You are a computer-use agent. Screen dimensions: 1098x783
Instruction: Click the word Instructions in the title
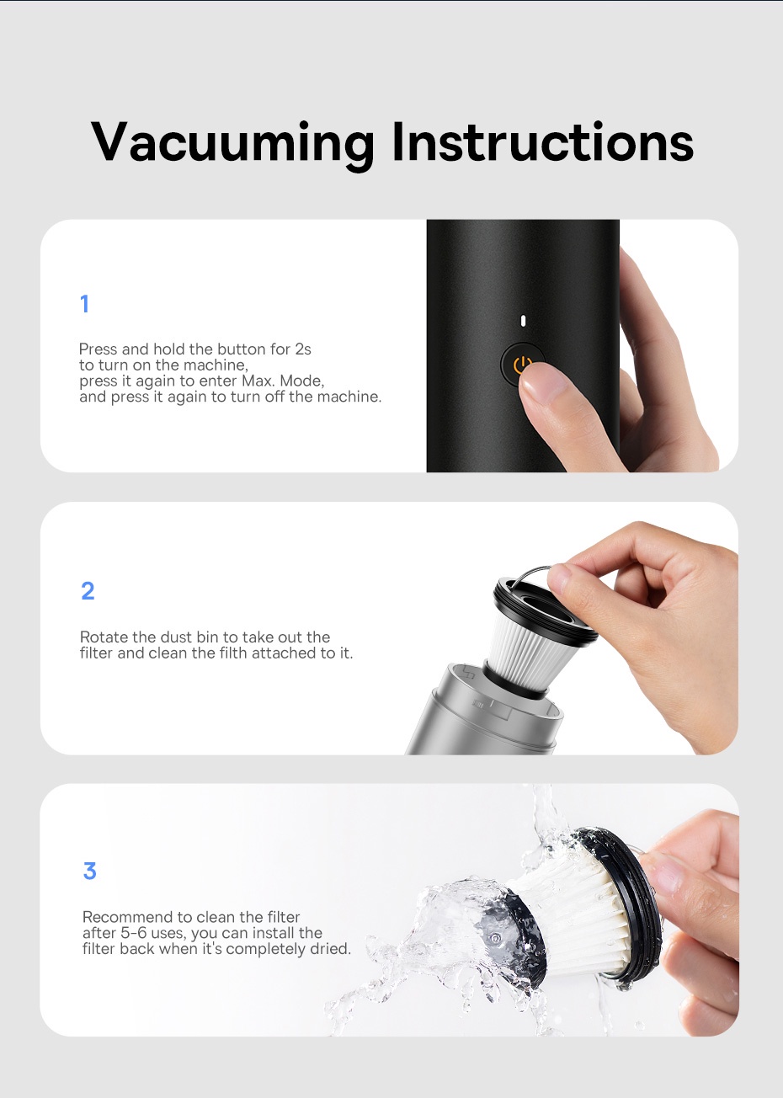pyautogui.click(x=542, y=141)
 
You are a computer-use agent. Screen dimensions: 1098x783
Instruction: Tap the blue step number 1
pyautogui.click(x=84, y=304)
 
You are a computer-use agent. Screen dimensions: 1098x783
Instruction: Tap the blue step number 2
pyautogui.click(x=88, y=591)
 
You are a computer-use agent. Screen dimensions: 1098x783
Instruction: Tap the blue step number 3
pyautogui.click(x=89, y=871)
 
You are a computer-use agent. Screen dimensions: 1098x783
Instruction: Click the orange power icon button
pyautogui.click(x=522, y=364)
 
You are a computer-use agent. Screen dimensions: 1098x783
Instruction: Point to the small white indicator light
pyautogui.click(x=523, y=321)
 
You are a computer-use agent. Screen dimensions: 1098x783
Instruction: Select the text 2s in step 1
pyautogui.click(x=303, y=349)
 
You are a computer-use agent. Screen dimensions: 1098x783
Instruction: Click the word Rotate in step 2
pyautogui.click(x=104, y=637)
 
